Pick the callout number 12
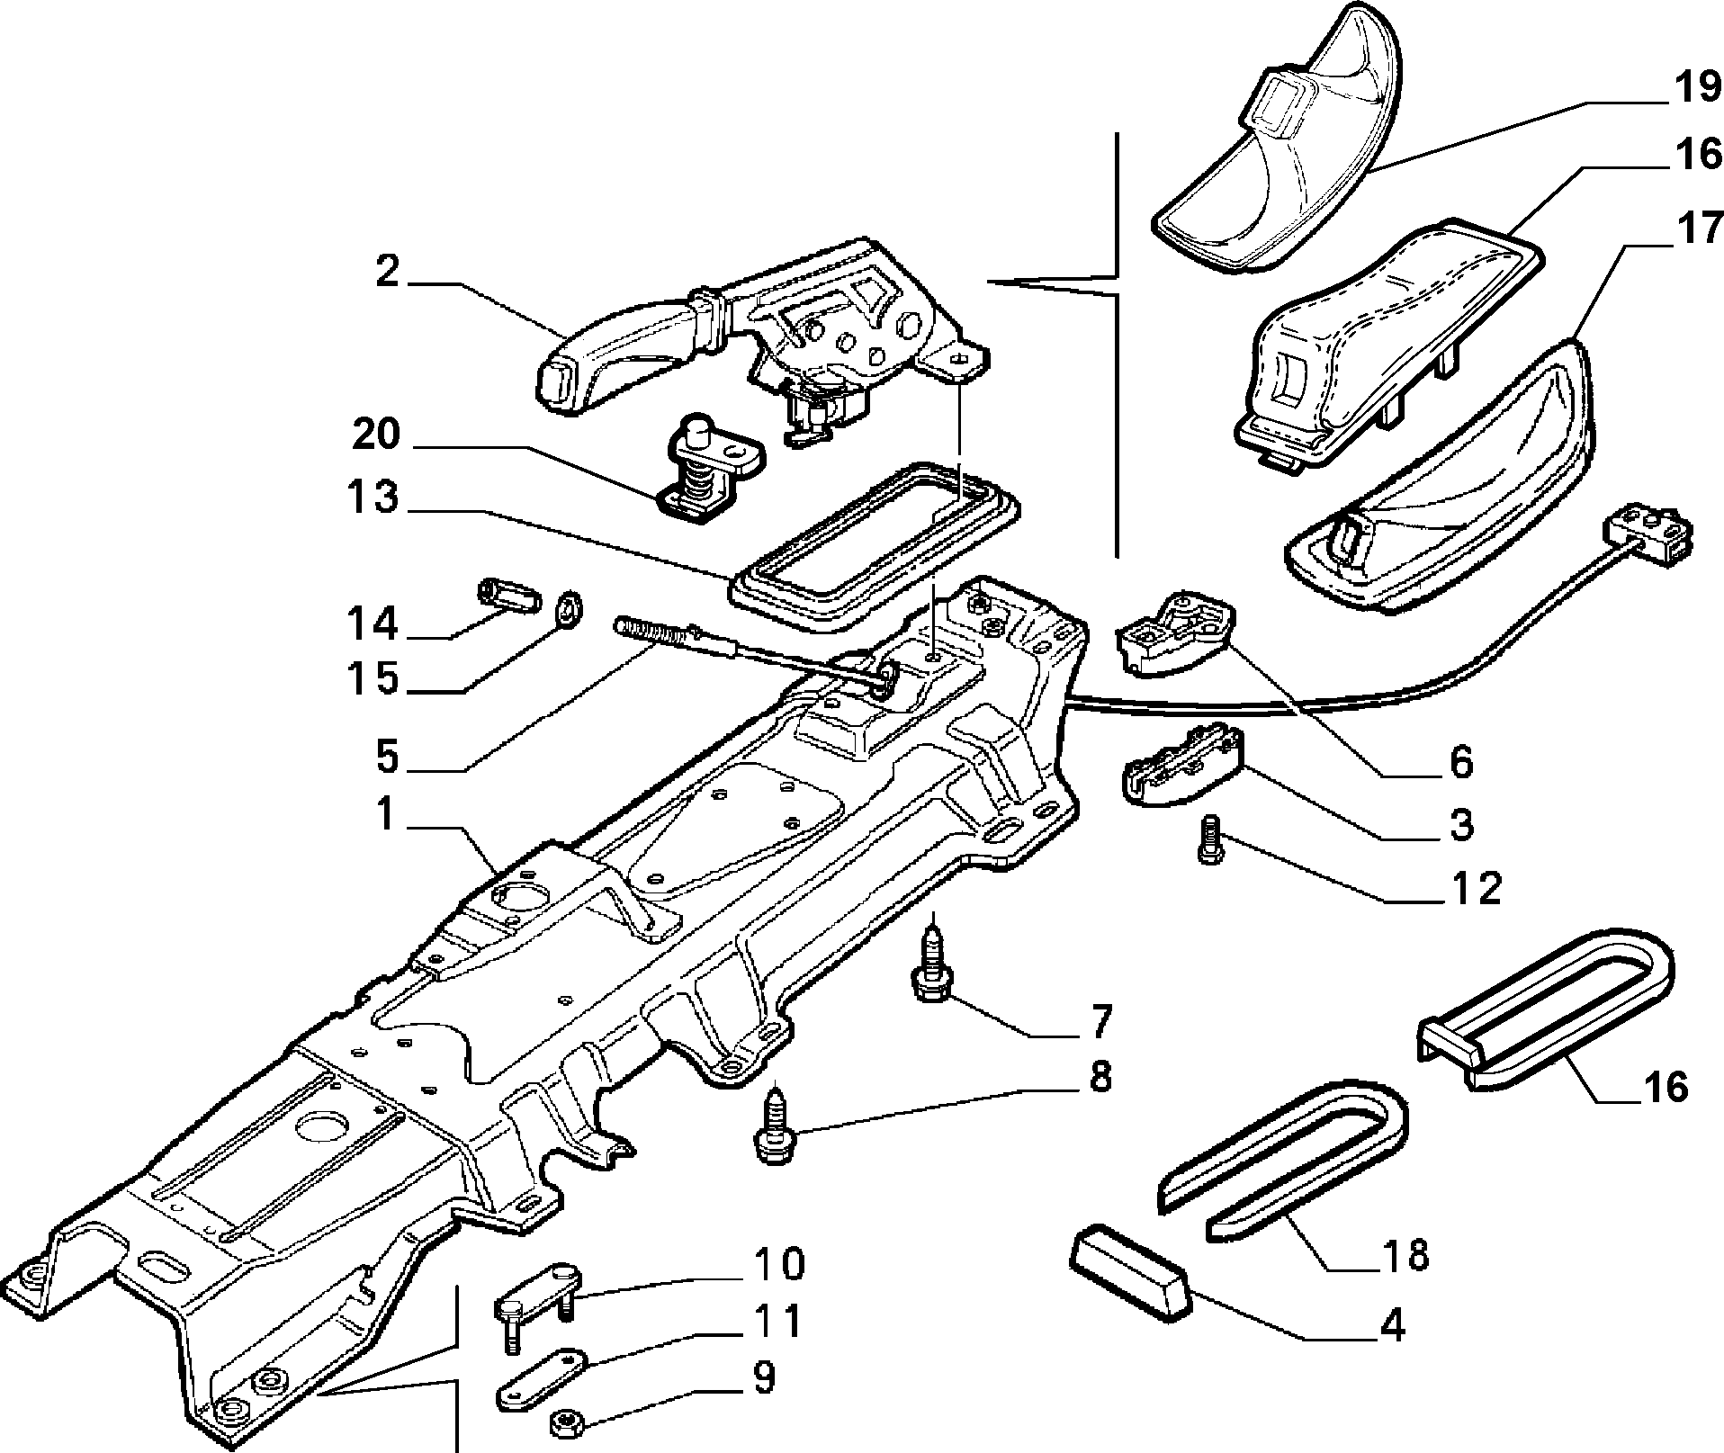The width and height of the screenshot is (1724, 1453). point(1475,889)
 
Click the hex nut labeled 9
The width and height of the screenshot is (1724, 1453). point(567,1423)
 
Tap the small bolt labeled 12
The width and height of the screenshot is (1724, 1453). point(1208,839)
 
